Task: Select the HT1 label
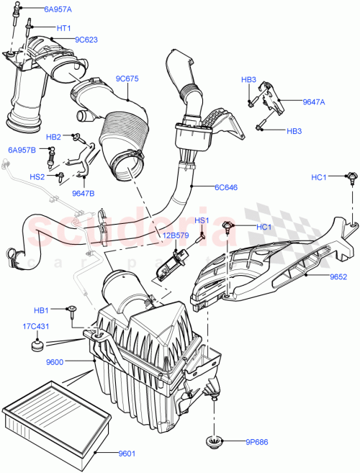(63, 27)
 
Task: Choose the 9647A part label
(313, 102)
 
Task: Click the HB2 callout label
(54, 136)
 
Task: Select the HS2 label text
(37, 176)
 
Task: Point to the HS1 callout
(202, 220)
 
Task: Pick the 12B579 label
(175, 235)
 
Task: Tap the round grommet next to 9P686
(215, 441)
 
